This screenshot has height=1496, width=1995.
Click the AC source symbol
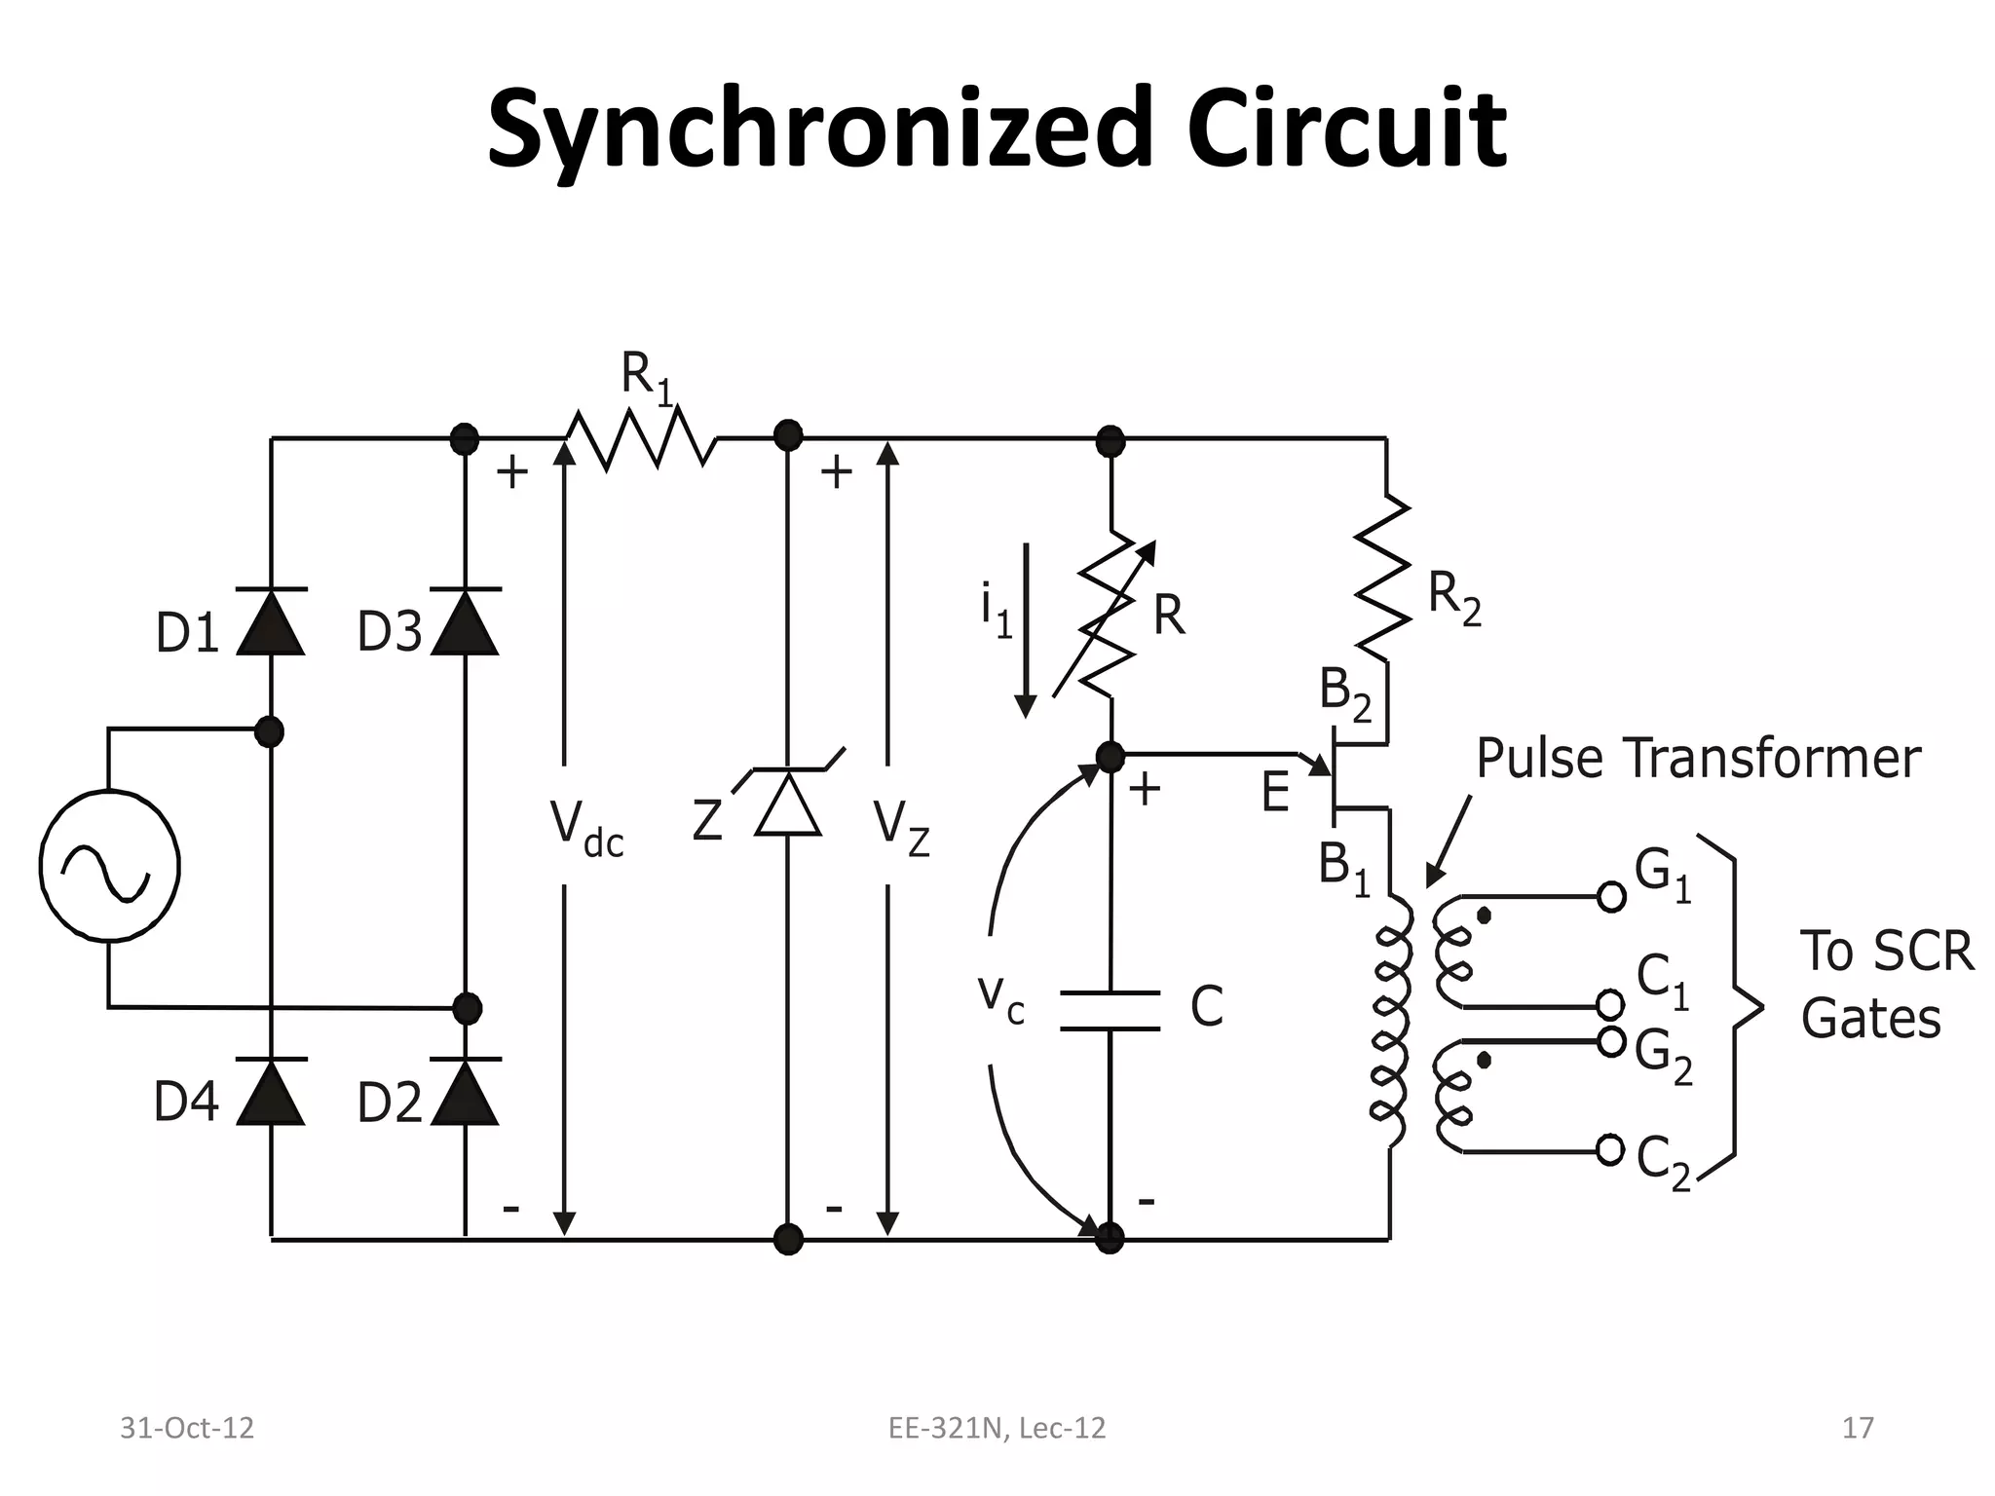tap(109, 866)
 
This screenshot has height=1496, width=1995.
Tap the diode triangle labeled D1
tap(271, 624)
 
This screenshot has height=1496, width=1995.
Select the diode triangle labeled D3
tap(466, 624)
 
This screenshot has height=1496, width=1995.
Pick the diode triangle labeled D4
tap(271, 1093)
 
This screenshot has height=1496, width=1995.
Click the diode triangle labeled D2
tap(466, 1093)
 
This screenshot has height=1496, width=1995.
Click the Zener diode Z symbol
tap(788, 803)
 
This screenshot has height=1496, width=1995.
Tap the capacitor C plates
tap(1110, 1010)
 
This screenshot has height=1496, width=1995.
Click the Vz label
tap(902, 829)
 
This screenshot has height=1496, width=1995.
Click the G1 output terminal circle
tap(1611, 896)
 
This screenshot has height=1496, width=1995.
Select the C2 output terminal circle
tap(1611, 1150)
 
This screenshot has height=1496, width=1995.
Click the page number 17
tap(1858, 1428)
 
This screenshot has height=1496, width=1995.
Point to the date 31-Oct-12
tap(186, 1428)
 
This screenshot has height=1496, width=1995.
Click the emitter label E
tap(1275, 793)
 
